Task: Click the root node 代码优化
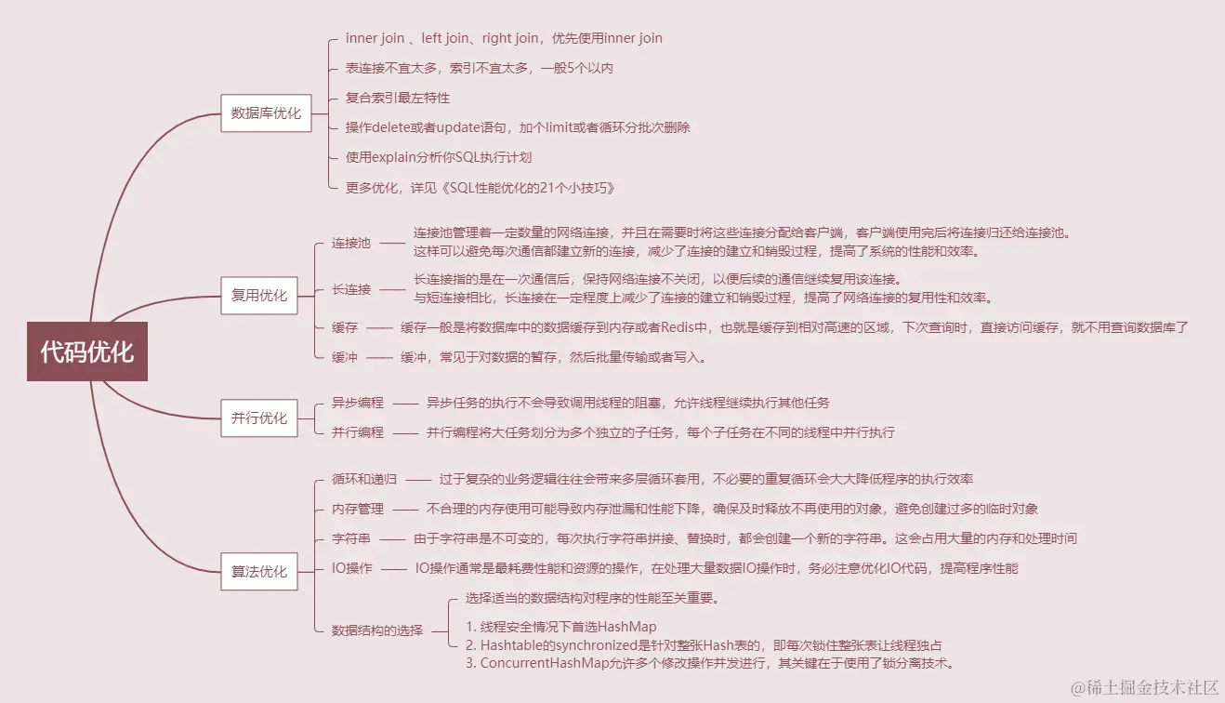(x=87, y=351)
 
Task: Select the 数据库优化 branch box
(x=266, y=113)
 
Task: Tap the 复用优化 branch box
(x=259, y=296)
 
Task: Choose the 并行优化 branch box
(x=259, y=418)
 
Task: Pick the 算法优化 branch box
(x=259, y=571)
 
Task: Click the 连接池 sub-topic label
(x=351, y=244)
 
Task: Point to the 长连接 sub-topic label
(x=351, y=289)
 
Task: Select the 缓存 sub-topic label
(x=345, y=327)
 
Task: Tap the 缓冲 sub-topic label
(x=345, y=357)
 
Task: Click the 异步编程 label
(x=358, y=403)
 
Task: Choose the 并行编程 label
(x=358, y=432)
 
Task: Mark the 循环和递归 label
(x=364, y=479)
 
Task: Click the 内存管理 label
(x=358, y=509)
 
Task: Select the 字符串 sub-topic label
(x=351, y=538)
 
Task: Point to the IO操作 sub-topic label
(x=352, y=568)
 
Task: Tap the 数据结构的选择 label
(x=377, y=630)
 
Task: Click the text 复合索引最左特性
(x=398, y=98)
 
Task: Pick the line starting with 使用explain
(x=439, y=157)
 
